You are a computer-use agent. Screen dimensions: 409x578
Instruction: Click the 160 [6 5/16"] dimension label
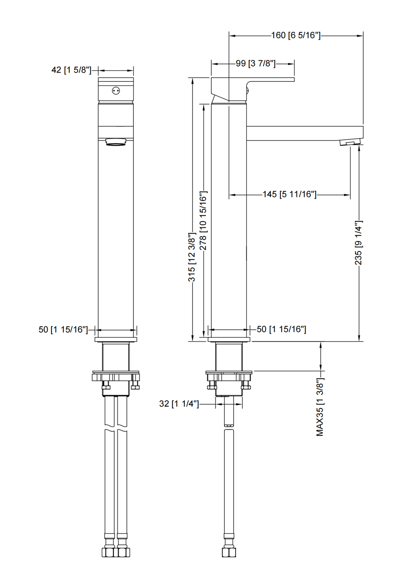click(296, 35)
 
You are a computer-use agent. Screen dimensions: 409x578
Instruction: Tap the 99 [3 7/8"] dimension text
click(256, 63)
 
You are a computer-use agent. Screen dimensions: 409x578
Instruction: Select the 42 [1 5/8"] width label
click(71, 70)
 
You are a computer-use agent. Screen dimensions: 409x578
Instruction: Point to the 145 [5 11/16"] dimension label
click(290, 194)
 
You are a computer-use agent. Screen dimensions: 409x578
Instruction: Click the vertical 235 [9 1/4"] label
click(359, 243)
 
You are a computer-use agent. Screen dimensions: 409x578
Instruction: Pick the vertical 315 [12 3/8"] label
click(192, 257)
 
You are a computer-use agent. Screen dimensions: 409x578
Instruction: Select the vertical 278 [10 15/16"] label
click(203, 221)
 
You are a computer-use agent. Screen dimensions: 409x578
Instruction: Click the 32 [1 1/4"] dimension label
click(179, 404)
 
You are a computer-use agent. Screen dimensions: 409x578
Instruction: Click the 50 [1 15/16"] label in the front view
click(63, 329)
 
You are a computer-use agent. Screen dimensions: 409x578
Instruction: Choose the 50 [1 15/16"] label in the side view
click(282, 329)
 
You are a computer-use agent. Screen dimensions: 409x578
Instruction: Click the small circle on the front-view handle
click(116, 91)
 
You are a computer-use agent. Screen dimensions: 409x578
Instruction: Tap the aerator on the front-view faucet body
click(116, 142)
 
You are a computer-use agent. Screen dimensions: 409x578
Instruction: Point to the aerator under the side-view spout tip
click(350, 143)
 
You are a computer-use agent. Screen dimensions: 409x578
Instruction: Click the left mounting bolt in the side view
click(211, 385)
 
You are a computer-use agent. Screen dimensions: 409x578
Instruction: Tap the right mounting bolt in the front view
click(135, 385)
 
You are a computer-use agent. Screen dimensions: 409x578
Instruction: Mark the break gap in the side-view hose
click(229, 429)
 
